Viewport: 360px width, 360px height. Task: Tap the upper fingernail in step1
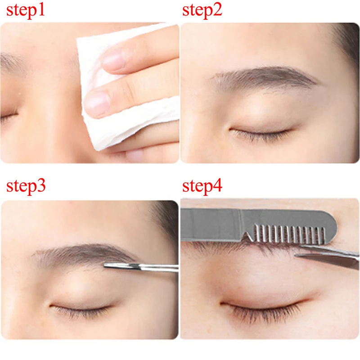click(112, 61)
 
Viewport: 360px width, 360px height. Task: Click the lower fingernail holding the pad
click(97, 103)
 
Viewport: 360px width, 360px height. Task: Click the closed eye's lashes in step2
click(261, 133)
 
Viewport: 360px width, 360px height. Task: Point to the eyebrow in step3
click(81, 255)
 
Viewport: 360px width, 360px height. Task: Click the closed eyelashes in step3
click(81, 310)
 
